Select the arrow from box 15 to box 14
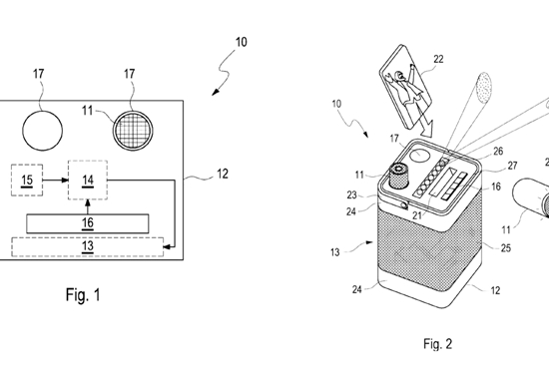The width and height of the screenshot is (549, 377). (x=55, y=181)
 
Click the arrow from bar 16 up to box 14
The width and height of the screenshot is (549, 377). (x=88, y=207)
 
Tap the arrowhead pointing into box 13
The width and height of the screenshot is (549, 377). (x=168, y=247)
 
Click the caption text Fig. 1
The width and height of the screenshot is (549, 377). (x=83, y=295)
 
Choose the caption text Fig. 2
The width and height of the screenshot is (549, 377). (x=437, y=344)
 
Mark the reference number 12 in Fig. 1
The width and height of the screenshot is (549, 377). (x=223, y=174)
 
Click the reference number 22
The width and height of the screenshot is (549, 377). (x=438, y=59)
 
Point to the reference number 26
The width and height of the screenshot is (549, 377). (x=498, y=151)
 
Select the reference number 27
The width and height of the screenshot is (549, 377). (x=512, y=166)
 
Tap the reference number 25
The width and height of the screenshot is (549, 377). (x=506, y=248)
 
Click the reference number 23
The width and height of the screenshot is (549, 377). (x=351, y=194)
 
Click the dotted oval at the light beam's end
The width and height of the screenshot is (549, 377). (x=484, y=88)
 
